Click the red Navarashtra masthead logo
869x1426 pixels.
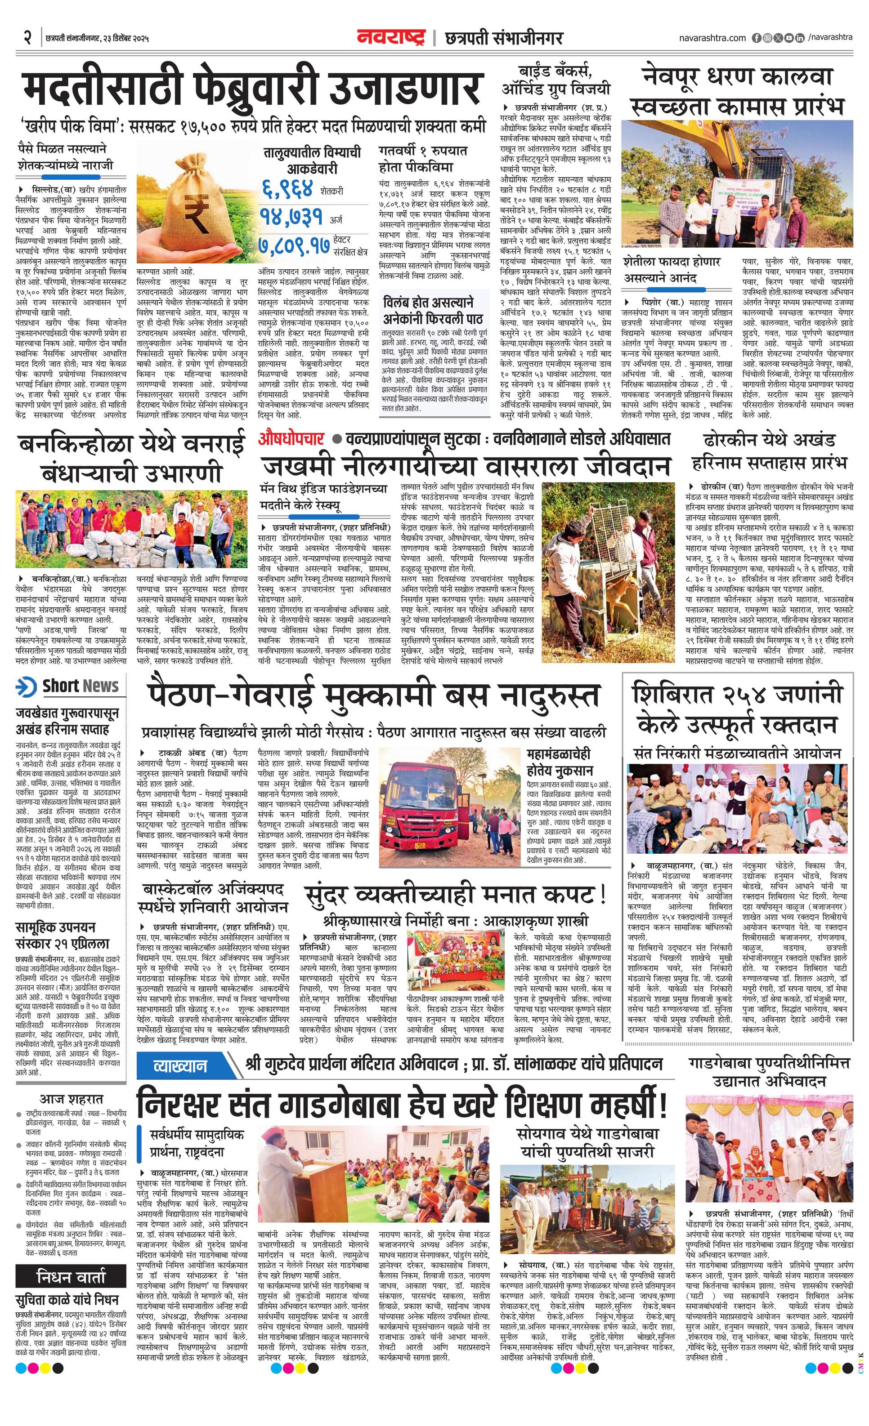[391, 38]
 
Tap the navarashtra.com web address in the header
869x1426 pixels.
[712, 38]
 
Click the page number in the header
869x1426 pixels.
[27, 38]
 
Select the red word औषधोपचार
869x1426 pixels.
[291, 439]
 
